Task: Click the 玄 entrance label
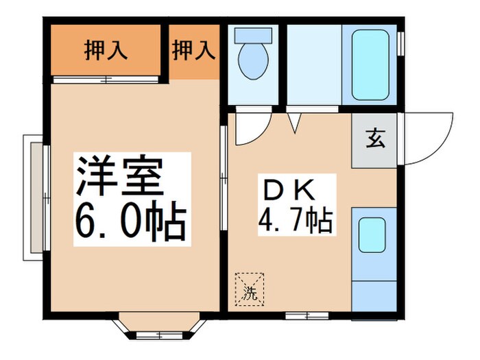(375, 139)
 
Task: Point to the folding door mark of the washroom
(296, 123)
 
